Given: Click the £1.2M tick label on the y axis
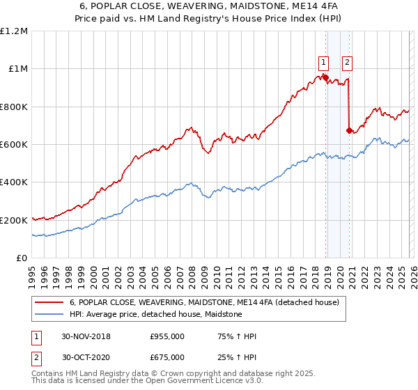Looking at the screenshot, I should coord(14,31).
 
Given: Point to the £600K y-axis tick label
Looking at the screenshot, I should coord(14,145).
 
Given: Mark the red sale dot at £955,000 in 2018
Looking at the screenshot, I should coord(325,77).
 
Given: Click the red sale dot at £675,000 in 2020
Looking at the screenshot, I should coord(349,130).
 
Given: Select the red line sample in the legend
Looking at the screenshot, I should coord(49,303).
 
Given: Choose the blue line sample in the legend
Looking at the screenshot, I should coord(49,315).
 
